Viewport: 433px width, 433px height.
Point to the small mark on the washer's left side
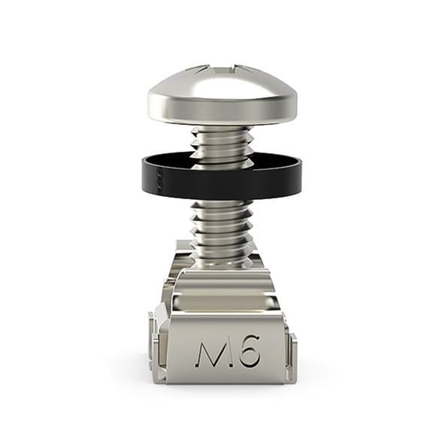[x=159, y=180]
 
